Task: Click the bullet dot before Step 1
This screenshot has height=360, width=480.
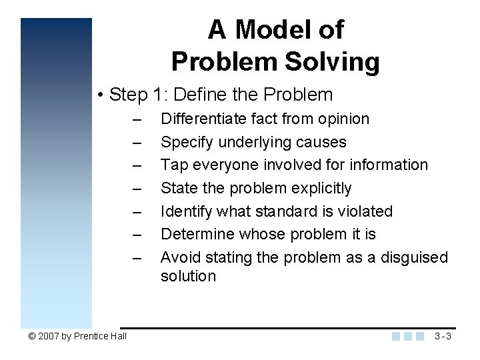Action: (99, 95)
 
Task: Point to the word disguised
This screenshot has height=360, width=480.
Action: (414, 257)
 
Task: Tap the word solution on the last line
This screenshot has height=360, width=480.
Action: (188, 276)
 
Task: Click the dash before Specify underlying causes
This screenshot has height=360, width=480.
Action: (137, 143)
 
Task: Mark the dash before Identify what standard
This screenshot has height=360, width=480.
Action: (137, 212)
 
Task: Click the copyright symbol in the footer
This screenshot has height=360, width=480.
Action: (32, 336)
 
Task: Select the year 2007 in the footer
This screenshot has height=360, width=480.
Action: (49, 336)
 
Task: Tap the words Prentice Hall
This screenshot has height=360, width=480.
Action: (100, 336)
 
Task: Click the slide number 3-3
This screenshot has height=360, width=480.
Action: (443, 336)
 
